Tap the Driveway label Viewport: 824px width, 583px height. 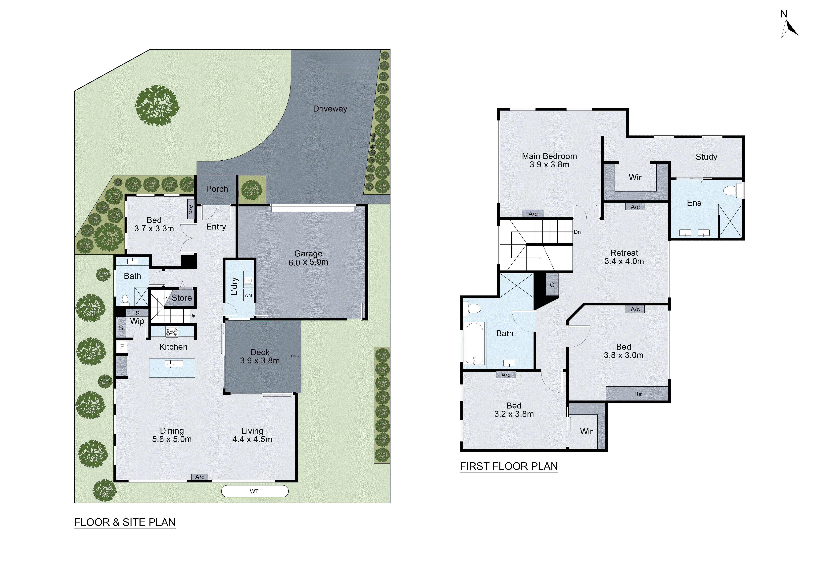330,109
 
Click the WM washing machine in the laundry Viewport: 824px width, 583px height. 248,295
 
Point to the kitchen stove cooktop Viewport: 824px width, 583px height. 172,332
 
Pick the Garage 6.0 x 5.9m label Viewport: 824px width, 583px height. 308,258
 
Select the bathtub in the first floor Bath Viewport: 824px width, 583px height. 474,344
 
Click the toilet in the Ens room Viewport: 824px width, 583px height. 731,190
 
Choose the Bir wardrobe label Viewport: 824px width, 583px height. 638,394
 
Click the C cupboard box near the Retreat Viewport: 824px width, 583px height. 552,285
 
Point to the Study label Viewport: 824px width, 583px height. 706,157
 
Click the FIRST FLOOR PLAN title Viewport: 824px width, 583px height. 509,466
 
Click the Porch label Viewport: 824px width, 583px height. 217,189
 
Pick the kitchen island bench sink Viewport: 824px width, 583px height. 174,364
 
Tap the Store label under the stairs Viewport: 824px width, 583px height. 182,298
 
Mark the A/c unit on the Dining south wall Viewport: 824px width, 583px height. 200,477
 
